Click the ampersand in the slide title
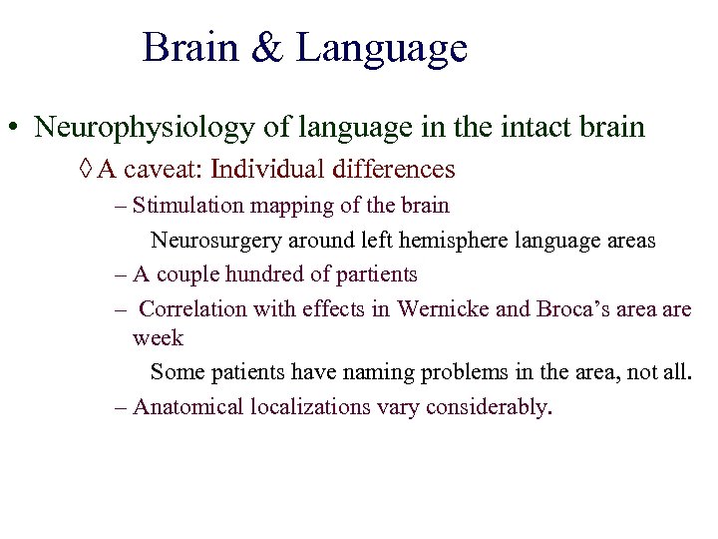pyautogui.click(x=267, y=49)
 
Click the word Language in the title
pyautogui.click(x=381, y=49)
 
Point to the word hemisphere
pyautogui.click(x=453, y=241)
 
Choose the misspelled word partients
pyautogui.click(x=370, y=274)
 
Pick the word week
pyautogui.click(x=158, y=338)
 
